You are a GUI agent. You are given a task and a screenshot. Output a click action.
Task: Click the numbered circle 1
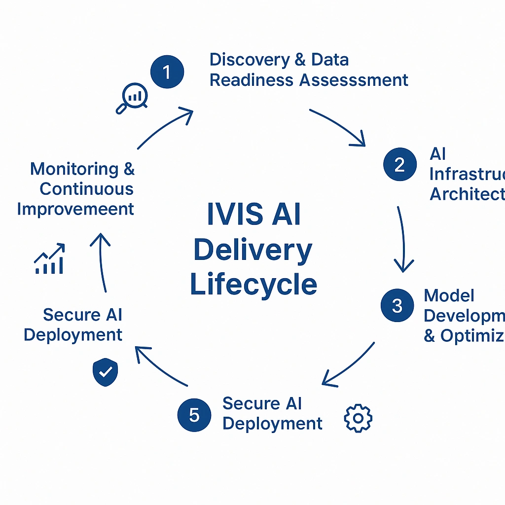[x=167, y=72]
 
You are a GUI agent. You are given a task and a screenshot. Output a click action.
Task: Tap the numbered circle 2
[x=399, y=164]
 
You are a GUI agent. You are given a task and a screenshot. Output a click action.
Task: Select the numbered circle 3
[x=397, y=305]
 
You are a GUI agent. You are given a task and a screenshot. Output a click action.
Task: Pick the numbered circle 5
[x=194, y=414]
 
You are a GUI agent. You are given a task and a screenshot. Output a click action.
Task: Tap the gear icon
[x=358, y=418]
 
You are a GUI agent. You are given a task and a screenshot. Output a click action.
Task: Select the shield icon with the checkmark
[x=106, y=372]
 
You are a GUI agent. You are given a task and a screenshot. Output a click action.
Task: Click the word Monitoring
[x=74, y=169]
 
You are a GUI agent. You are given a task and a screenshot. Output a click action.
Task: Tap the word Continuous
[x=86, y=189]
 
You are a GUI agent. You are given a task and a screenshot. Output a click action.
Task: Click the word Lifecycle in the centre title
[x=253, y=285]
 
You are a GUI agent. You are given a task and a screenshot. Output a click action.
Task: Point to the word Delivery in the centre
[x=252, y=250]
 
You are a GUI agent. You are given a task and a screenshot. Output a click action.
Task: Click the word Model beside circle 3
[x=449, y=296]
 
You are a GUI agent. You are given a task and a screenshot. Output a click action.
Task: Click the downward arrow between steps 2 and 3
[x=403, y=239]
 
